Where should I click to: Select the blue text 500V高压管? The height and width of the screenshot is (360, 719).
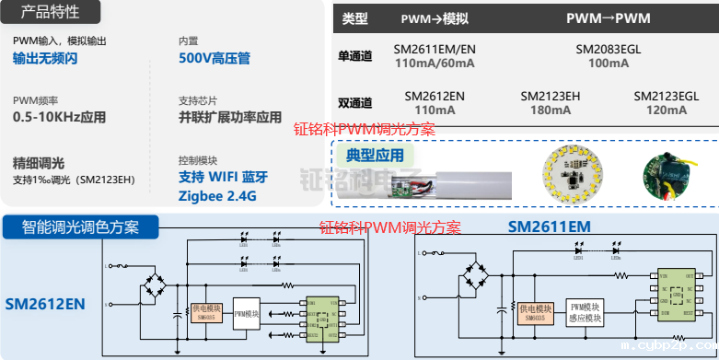tap(215, 58)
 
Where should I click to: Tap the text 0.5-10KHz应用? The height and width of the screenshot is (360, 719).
tap(60, 117)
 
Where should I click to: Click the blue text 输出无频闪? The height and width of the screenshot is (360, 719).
tap(45, 58)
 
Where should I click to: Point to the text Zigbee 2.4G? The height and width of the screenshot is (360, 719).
tap(217, 196)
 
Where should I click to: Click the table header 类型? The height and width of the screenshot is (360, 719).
tap(354, 17)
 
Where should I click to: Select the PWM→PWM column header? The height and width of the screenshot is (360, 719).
tap(608, 17)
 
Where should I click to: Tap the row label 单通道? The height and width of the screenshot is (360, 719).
tap(355, 56)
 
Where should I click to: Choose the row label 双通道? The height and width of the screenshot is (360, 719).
tap(355, 102)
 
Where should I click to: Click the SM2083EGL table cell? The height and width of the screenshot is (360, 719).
tap(608, 48)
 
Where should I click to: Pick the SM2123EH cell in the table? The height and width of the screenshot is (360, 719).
tap(551, 95)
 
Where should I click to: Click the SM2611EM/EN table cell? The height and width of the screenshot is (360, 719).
tap(435, 48)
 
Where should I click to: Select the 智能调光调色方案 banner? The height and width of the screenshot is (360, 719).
tap(81, 226)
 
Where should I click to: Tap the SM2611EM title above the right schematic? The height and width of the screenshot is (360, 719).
tap(549, 226)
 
